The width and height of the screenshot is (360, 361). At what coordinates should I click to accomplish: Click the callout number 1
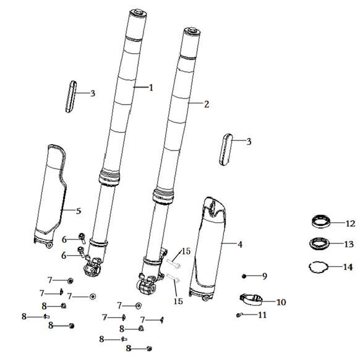point(151,88)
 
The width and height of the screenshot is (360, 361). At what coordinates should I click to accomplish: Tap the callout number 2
point(207,104)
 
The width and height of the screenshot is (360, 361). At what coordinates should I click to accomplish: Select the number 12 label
point(351,224)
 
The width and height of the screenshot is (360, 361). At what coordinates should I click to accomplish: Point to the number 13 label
point(349,244)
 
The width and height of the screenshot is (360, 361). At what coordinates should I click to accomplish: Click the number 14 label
point(348,267)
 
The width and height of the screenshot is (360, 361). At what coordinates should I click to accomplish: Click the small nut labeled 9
point(244,276)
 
